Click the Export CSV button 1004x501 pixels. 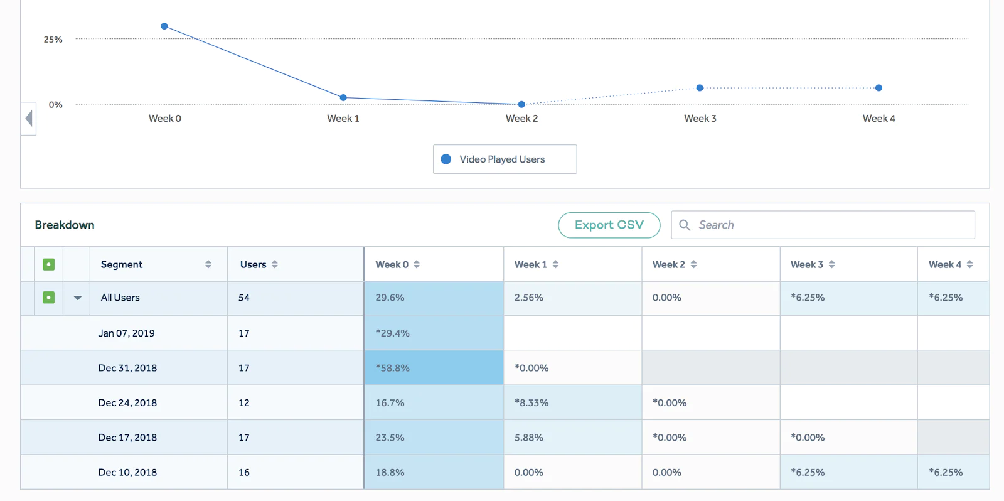609,225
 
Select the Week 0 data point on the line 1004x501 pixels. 164,26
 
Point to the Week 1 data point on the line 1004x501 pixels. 343,97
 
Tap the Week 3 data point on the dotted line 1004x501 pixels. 700,88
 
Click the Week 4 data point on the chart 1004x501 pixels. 878,88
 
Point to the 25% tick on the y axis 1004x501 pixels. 53,40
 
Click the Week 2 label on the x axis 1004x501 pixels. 521,119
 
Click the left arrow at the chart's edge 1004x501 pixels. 29,118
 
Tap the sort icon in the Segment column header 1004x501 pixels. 208,264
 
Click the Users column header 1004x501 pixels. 254,264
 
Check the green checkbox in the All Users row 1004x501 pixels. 48,298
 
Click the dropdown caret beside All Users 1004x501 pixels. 78,298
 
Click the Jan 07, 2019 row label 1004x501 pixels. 126,333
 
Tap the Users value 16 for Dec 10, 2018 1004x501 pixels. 244,473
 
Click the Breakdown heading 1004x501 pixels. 65,225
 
